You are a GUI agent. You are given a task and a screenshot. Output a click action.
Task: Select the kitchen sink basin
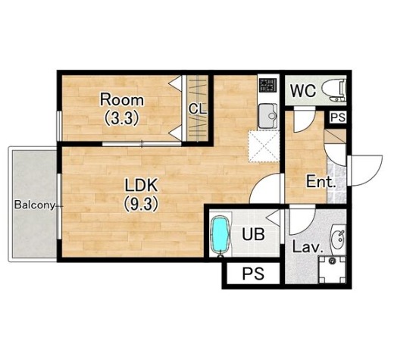coord(267,116)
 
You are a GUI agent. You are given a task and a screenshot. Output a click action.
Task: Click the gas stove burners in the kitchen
coord(267,85)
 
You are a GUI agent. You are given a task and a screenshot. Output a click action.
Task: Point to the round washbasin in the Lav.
coord(338,239)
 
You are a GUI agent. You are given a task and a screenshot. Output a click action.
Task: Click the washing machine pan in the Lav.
coord(332,270)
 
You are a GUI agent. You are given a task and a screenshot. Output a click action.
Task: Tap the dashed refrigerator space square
coord(264,146)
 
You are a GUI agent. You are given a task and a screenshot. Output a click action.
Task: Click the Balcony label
coord(35,205)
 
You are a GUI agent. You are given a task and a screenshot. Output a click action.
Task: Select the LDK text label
coord(142,185)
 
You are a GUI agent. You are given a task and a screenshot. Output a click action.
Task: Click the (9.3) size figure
coord(142,204)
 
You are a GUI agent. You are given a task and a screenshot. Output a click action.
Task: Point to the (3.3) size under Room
coord(122,118)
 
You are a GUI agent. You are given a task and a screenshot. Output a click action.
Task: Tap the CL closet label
coord(198,109)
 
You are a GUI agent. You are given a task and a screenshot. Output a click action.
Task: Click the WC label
coord(302,90)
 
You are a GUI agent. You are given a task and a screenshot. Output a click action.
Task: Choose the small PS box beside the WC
coord(338,117)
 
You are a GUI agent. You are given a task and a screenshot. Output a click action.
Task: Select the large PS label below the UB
coord(253,274)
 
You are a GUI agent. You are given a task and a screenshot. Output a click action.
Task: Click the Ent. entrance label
coord(321,181)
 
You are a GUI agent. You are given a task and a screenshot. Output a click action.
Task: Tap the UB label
coord(253,234)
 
